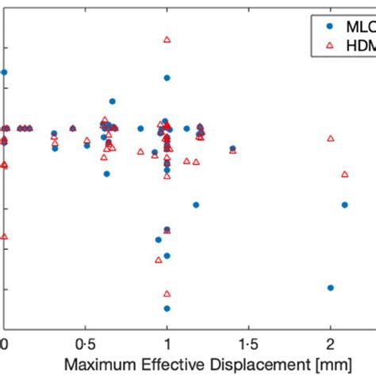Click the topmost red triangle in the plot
(167, 39)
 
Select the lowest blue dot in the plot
(167, 308)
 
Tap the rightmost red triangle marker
(344, 174)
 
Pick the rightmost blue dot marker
(344, 205)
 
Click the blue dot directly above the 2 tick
(331, 287)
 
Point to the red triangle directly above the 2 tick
(331, 138)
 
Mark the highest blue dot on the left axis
(4, 72)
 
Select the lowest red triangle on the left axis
(4, 236)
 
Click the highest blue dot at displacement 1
(167, 78)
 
